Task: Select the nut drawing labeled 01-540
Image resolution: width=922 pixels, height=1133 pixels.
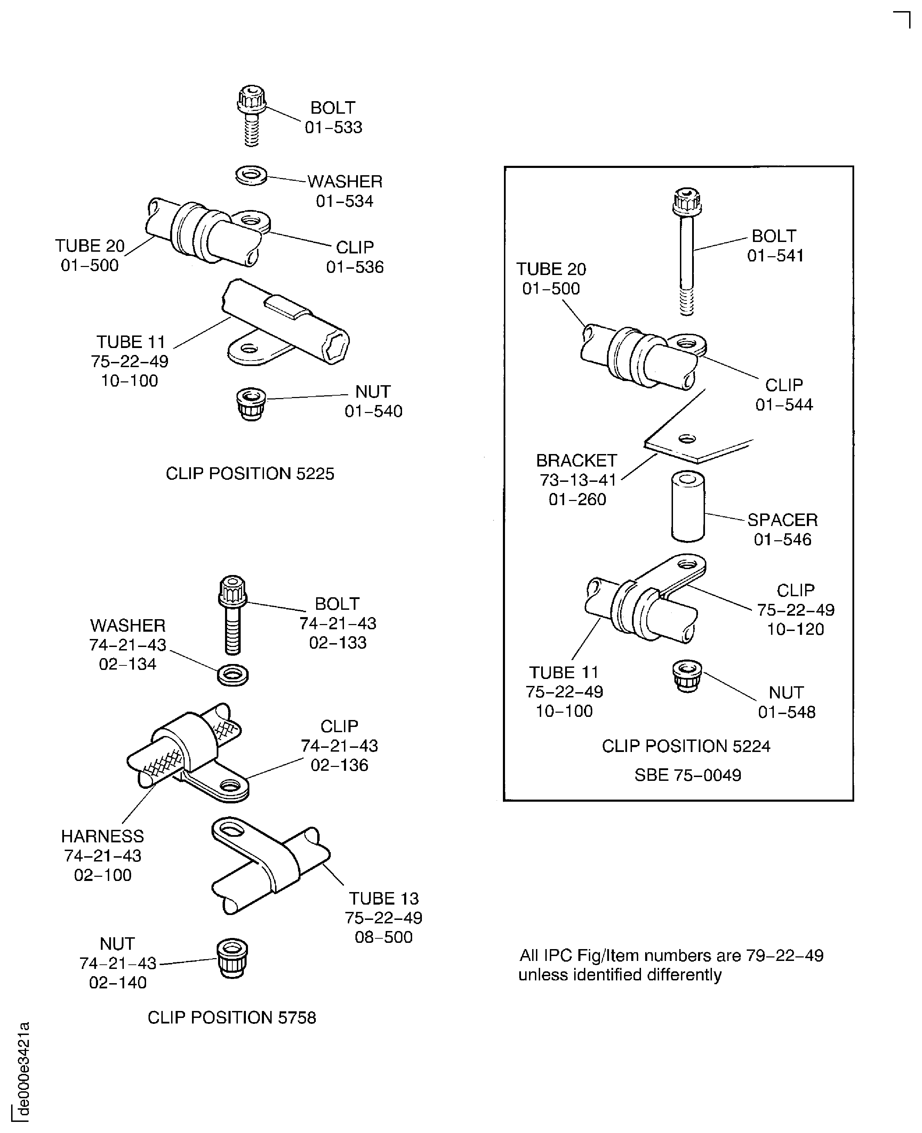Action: tap(251, 404)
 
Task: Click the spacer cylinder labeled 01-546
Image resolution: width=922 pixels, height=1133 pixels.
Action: tap(688, 507)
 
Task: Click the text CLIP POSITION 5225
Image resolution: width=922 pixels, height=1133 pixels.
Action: tap(250, 474)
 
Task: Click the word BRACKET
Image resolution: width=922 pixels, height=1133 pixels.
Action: tap(576, 460)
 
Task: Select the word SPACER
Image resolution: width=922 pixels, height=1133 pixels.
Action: tap(782, 520)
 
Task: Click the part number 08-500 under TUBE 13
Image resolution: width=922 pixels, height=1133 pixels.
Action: tap(384, 937)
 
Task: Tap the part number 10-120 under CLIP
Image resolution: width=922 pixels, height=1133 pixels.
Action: tap(795, 629)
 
